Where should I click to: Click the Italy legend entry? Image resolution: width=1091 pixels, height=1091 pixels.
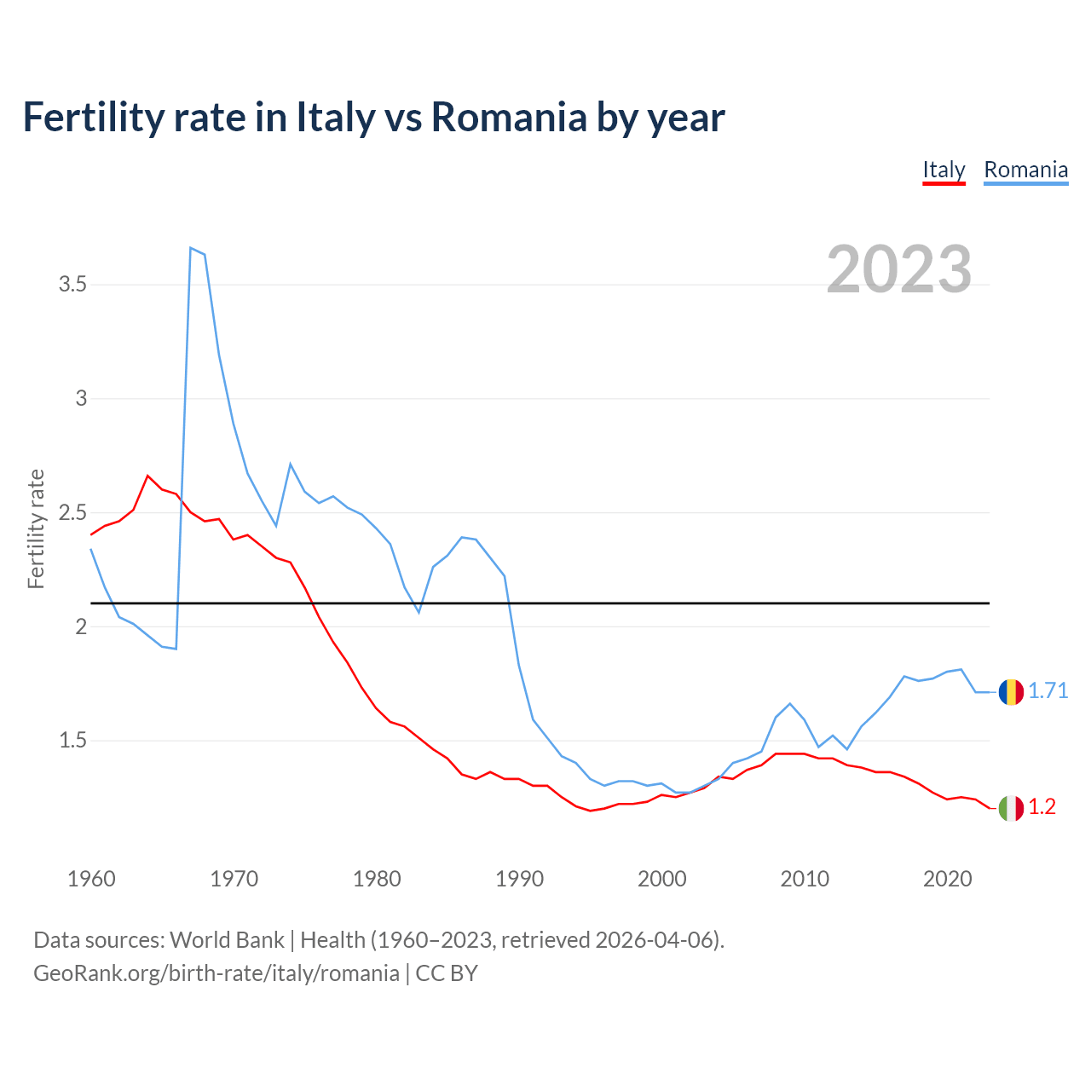click(944, 170)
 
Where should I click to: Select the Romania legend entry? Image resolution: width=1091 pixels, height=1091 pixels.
click(1025, 170)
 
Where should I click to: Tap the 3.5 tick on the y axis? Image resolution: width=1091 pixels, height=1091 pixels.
click(73, 285)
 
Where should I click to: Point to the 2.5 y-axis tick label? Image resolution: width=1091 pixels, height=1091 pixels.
click(73, 512)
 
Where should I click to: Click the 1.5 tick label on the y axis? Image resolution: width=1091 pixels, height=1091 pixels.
click(73, 741)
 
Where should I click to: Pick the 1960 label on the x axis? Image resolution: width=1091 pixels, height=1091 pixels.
click(91, 879)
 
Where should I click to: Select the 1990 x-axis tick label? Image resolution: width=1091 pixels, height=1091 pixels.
click(519, 879)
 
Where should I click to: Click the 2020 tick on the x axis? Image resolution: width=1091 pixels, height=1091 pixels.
click(947, 879)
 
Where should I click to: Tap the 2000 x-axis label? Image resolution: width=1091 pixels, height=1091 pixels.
click(661, 879)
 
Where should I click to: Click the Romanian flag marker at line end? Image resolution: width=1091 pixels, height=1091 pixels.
click(1011, 692)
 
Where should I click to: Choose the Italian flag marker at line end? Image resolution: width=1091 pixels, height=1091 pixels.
click(1011, 808)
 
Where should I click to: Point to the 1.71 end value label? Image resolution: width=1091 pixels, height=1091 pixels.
click(1048, 691)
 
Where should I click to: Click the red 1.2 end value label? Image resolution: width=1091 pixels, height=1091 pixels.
click(1042, 807)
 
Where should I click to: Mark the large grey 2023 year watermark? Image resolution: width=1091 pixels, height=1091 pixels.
click(899, 269)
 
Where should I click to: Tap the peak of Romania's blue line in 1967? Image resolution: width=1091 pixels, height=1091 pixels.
click(190, 248)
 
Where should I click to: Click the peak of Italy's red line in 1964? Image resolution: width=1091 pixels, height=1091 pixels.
click(147, 476)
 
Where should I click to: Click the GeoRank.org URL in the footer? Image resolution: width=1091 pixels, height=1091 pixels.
click(216, 973)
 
